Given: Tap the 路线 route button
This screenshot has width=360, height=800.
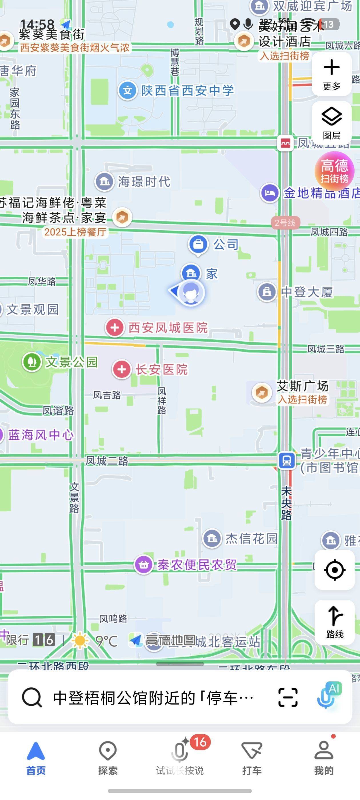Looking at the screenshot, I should coord(334,622).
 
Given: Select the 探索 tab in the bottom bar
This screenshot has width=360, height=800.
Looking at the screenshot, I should coord(107,758).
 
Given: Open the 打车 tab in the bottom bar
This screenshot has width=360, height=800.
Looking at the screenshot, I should coord(252,758).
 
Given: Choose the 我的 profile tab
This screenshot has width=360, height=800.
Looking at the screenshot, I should coord(323,758).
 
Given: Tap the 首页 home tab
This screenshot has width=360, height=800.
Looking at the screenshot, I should coord(36,758).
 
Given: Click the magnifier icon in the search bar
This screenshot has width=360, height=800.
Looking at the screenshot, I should coord(32,697).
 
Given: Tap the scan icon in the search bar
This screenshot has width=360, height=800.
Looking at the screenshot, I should coord(288,697).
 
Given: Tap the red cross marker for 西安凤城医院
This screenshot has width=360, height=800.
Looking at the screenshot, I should coord(115,327).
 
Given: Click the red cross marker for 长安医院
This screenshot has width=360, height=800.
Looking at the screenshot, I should coord(121,369).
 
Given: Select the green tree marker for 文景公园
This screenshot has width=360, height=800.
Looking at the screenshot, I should coord(32,362).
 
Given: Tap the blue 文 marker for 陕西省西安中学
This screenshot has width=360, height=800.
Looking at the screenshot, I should coord(127,91).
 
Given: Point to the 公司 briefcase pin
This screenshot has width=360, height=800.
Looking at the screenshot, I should coord(198,244).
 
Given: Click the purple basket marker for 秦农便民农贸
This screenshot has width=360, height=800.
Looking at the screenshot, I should coord(143,564).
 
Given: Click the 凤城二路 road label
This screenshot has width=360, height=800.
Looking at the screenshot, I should coord(107,461).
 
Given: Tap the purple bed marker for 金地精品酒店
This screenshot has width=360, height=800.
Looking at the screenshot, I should coord(270,193).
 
